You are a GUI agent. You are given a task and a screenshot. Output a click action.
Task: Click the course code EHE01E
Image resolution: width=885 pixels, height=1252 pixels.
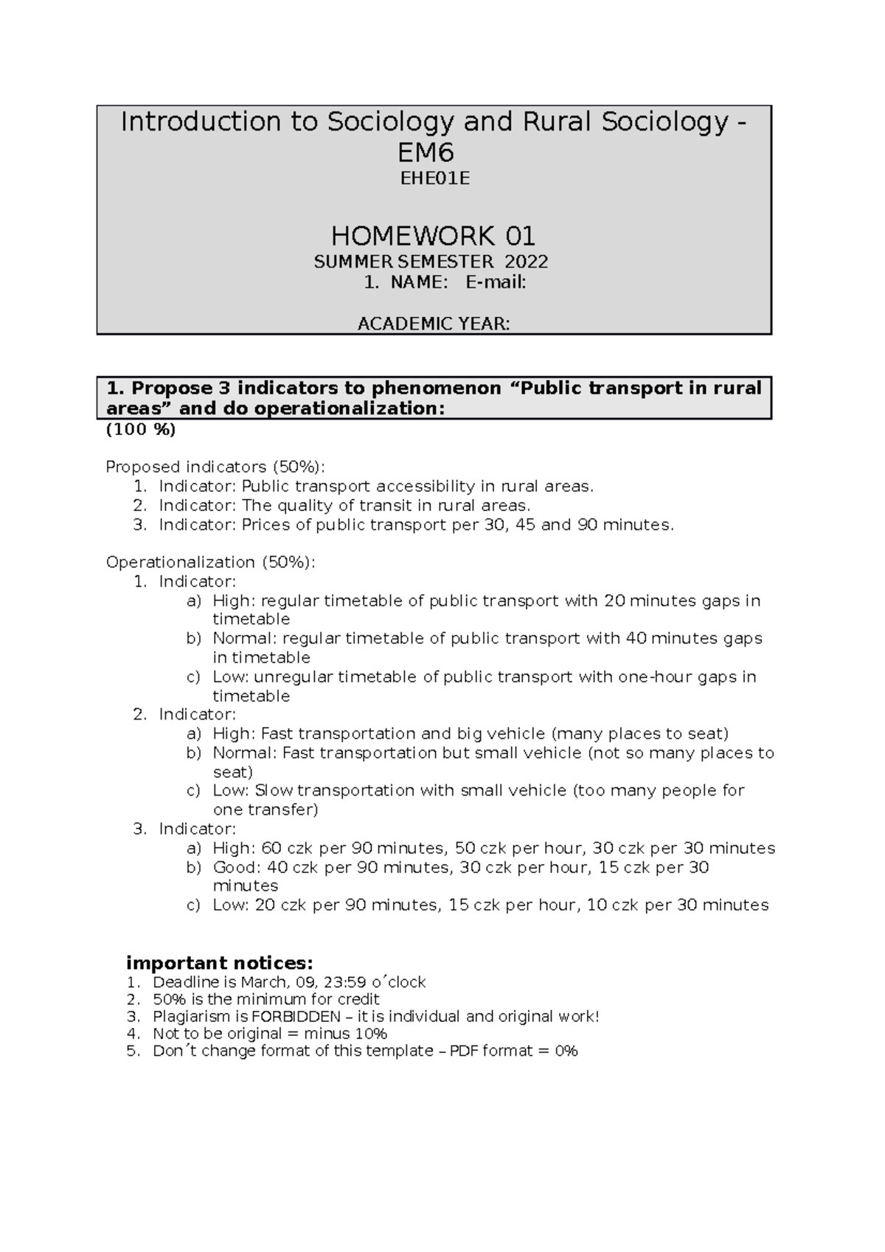tap(434, 178)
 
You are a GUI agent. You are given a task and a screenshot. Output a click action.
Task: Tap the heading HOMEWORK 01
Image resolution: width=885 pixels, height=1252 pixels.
tap(433, 236)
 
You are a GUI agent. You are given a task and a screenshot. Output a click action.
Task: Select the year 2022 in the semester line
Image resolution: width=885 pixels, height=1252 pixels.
tap(526, 262)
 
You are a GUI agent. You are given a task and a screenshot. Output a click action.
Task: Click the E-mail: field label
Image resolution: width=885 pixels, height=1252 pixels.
tap(495, 282)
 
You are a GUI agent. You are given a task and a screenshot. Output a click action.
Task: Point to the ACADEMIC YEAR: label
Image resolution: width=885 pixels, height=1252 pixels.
tap(433, 324)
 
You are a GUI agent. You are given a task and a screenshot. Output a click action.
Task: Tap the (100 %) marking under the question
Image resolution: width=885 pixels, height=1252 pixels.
tap(141, 430)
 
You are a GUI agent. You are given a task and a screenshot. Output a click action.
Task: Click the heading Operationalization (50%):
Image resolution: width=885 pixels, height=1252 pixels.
tap(210, 563)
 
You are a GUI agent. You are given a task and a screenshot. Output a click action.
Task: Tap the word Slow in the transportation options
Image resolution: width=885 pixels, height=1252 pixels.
tap(274, 790)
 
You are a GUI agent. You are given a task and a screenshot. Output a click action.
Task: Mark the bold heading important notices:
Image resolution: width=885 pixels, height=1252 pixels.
tap(220, 963)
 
